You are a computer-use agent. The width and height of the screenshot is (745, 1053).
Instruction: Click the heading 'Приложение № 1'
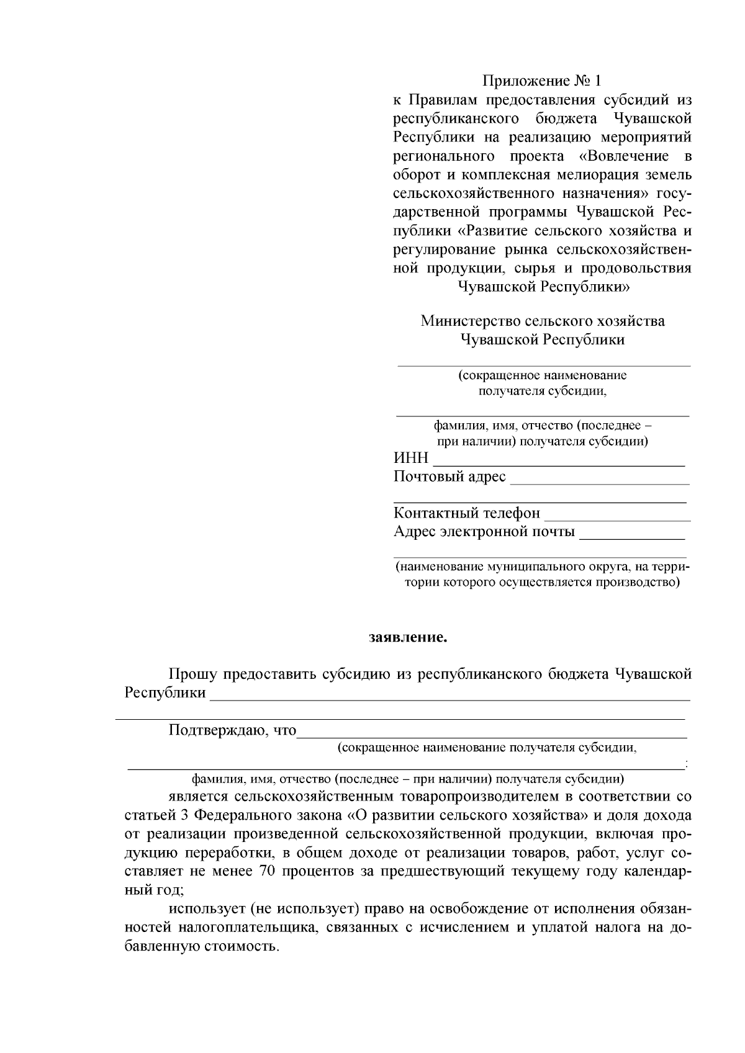tap(542, 81)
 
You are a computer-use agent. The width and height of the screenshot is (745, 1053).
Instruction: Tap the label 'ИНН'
tap(411, 459)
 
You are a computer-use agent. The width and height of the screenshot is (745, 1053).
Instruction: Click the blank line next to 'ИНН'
tap(559, 462)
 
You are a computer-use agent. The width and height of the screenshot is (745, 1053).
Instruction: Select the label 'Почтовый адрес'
tap(449, 477)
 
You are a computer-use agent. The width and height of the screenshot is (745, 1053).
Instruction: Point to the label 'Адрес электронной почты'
tap(484, 532)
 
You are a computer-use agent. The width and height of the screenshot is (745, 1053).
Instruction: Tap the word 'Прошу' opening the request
tap(192, 674)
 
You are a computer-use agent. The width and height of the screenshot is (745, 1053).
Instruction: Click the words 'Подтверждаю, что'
tap(233, 730)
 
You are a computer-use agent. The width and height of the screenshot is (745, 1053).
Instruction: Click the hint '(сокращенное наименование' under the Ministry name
tap(543, 375)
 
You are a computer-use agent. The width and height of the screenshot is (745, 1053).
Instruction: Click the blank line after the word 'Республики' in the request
tap(450, 696)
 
